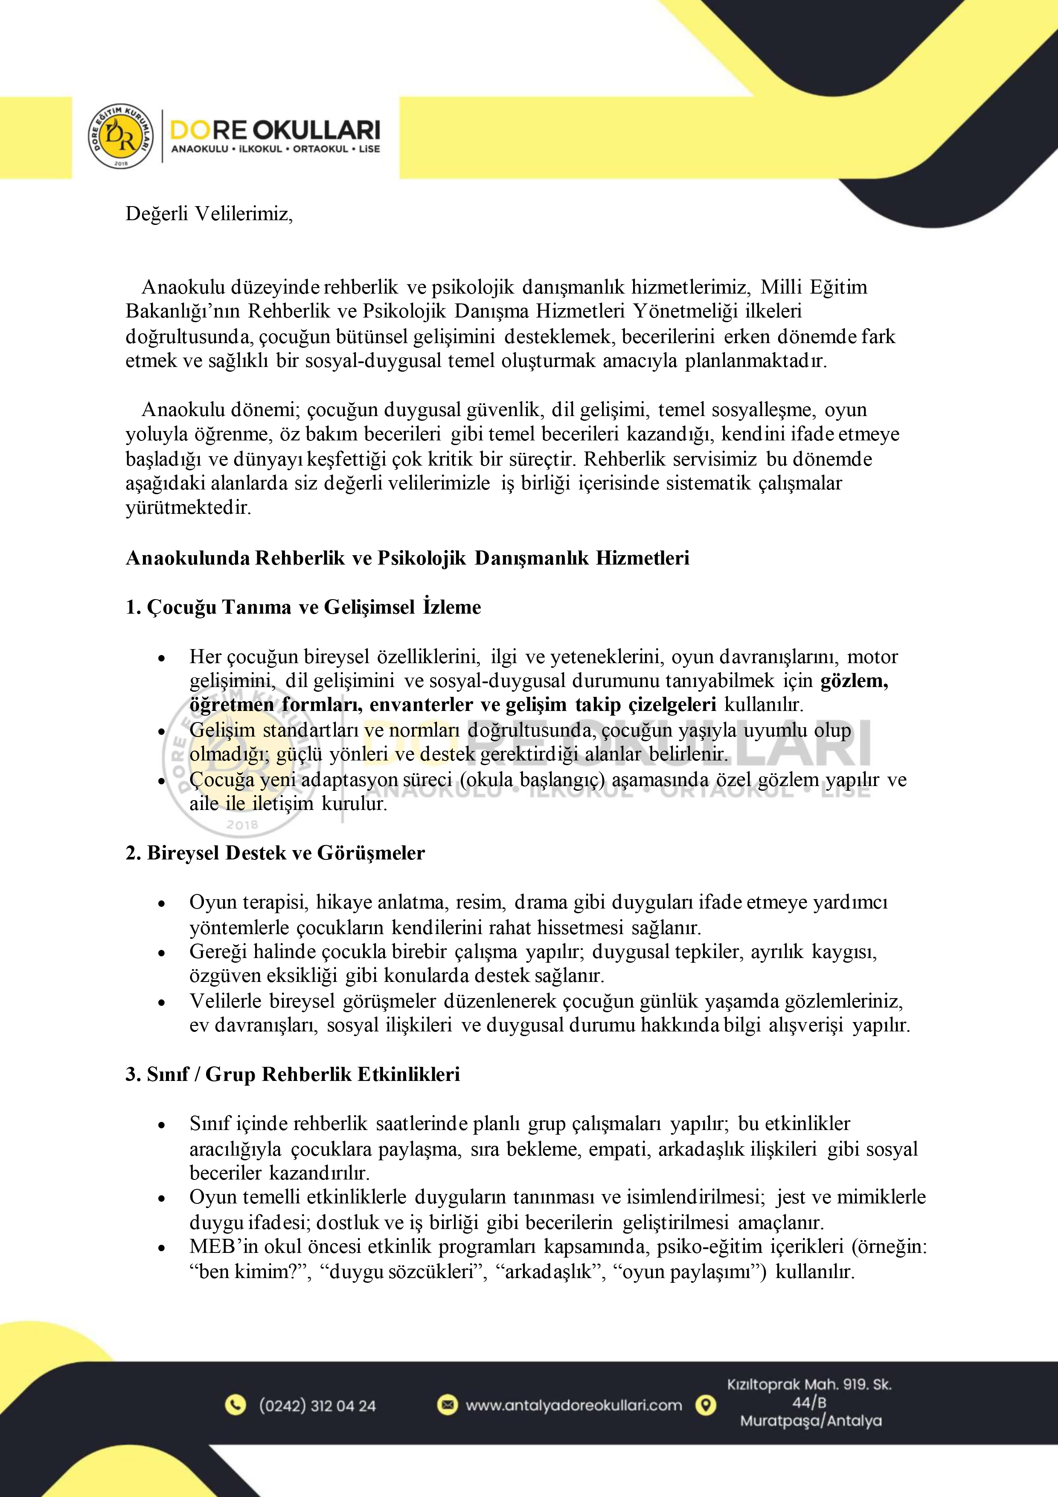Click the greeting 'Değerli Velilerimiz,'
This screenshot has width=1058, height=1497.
point(209,214)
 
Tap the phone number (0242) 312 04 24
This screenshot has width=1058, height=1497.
point(317,1406)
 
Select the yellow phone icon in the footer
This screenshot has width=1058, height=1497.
point(235,1405)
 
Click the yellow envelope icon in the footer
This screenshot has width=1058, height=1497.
point(447,1404)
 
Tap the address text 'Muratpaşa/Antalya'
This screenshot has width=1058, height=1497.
point(810,1421)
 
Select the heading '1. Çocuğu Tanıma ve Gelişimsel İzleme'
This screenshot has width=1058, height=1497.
point(303,607)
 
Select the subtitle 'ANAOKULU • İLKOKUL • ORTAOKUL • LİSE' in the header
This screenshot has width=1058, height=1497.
point(275,149)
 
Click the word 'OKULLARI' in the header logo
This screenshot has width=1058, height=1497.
point(316,130)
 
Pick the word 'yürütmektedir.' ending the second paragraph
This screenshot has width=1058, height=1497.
point(189,508)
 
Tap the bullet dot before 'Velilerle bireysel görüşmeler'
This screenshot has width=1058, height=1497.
point(162,1002)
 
